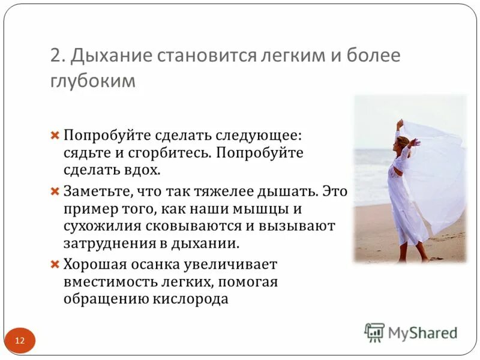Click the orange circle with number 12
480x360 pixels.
20,341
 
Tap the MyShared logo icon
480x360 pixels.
374,332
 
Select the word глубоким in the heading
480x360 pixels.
93,80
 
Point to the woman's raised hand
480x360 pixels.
400,122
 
